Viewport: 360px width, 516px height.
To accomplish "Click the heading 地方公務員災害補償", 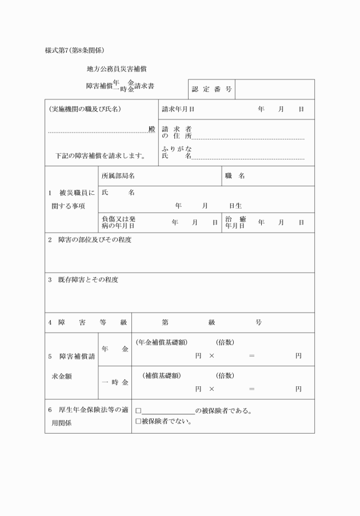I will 115,69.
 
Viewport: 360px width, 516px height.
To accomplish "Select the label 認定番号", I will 211,89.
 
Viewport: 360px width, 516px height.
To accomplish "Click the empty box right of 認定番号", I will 274,89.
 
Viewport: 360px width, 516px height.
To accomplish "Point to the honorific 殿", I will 151,130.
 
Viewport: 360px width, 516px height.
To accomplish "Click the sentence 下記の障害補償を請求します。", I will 99,155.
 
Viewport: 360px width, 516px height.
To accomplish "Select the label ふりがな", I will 177,149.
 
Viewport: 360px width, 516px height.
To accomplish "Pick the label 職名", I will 235,177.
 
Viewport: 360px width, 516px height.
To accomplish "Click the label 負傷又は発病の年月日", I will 119,222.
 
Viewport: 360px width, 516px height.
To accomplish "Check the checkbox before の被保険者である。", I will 138,411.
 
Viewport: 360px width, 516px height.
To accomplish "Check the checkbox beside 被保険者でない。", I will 138,422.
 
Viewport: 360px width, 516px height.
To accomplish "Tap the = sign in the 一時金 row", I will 251,389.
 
